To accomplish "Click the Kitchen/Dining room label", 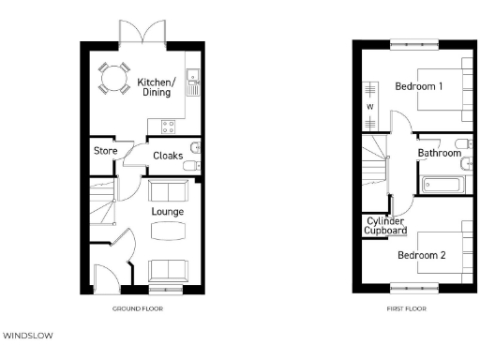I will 155,86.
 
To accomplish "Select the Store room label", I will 103,152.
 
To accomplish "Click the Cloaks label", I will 168,156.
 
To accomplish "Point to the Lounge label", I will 168,211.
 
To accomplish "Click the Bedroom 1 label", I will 418,86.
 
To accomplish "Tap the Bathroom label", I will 439,153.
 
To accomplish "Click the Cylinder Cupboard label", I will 385,225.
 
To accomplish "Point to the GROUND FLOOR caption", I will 139,307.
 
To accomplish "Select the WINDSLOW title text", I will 31,333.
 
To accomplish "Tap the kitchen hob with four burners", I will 170,124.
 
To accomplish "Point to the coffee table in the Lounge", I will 168,230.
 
